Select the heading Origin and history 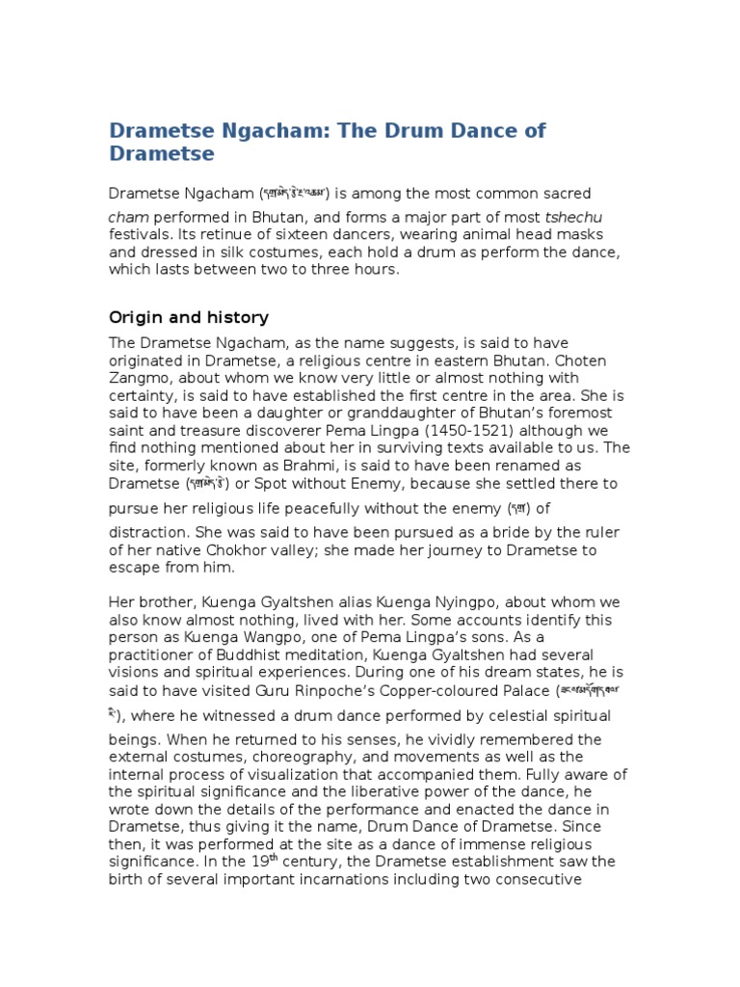pos(188,317)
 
